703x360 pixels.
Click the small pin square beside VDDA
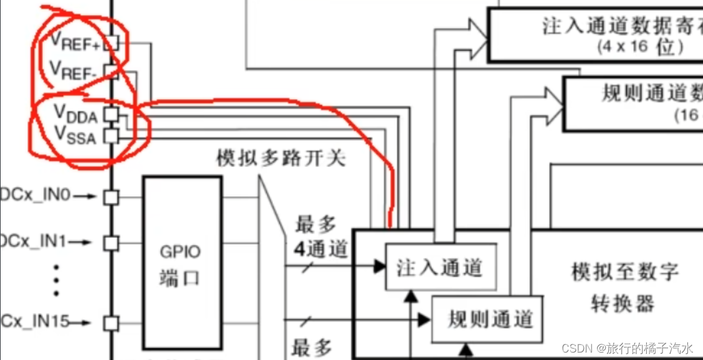click(x=110, y=114)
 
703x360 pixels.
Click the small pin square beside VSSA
click(x=110, y=135)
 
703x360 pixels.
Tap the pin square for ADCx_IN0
click(x=110, y=197)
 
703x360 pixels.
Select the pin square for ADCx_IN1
click(x=110, y=242)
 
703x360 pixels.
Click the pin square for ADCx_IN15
click(x=110, y=323)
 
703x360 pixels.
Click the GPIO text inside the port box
click(x=181, y=253)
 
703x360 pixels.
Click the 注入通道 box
click(x=441, y=267)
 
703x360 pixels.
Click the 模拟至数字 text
click(x=624, y=272)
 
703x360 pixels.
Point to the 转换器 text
click(x=622, y=303)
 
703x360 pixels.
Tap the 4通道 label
click(x=320, y=249)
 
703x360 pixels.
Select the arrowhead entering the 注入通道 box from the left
click(x=380, y=267)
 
